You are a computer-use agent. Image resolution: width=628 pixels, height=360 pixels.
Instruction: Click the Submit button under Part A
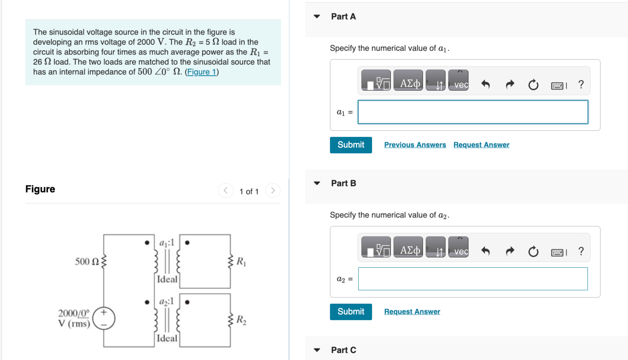click(351, 145)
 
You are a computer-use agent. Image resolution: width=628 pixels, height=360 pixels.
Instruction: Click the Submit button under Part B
click(351, 312)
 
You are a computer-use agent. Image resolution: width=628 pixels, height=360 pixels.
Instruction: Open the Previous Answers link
click(415, 145)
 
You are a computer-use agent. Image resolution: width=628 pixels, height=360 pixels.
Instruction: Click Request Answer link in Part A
click(481, 145)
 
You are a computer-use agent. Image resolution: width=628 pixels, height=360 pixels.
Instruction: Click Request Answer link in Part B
click(412, 312)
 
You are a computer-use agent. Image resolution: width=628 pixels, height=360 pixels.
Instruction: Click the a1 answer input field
click(473, 112)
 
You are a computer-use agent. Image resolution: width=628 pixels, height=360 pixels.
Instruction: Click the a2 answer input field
click(473, 279)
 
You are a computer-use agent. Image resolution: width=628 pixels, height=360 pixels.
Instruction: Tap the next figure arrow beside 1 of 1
click(272, 191)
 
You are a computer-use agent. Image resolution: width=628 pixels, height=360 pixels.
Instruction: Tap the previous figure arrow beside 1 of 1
click(225, 191)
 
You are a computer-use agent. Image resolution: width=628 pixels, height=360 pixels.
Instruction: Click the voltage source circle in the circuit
click(104, 318)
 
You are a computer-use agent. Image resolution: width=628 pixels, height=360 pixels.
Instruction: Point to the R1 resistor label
click(241, 262)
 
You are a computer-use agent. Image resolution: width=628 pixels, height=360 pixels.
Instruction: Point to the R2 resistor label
click(241, 320)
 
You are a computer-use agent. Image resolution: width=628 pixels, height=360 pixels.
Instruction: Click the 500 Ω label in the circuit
click(87, 262)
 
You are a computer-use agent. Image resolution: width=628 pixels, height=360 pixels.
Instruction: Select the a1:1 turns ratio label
click(167, 243)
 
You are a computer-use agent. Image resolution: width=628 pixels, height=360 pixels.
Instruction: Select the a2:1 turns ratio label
click(167, 301)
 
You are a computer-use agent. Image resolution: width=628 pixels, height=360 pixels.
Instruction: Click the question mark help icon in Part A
click(581, 84)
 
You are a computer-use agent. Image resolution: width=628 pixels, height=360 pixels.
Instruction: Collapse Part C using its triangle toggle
click(317, 350)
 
